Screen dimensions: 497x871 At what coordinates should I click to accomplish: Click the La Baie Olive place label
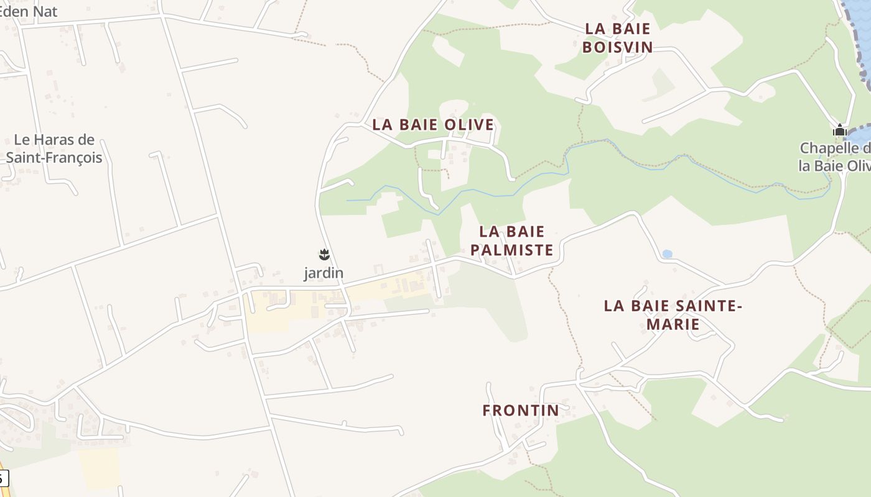pyautogui.click(x=433, y=124)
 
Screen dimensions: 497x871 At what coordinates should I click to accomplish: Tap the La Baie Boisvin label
pyautogui.click(x=618, y=38)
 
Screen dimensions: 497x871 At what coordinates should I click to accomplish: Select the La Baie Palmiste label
pyautogui.click(x=512, y=241)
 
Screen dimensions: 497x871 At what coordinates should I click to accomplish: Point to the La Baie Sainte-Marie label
pyautogui.click(x=673, y=315)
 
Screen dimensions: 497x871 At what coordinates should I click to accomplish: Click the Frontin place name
pyautogui.click(x=521, y=411)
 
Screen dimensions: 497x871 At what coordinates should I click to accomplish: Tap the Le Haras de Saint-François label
pyautogui.click(x=54, y=148)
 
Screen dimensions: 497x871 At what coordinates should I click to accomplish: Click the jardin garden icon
pyautogui.click(x=324, y=254)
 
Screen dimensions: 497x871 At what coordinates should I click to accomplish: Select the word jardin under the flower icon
pyautogui.click(x=324, y=273)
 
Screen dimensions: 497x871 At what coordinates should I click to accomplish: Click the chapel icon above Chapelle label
pyautogui.click(x=840, y=130)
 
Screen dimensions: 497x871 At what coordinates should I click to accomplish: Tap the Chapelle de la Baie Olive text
pyautogui.click(x=835, y=157)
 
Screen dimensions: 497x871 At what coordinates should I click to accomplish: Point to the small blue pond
pyautogui.click(x=667, y=254)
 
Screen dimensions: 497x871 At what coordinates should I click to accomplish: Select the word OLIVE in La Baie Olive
pyautogui.click(x=470, y=124)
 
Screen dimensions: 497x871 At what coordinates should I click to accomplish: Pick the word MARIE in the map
pyautogui.click(x=673, y=324)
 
